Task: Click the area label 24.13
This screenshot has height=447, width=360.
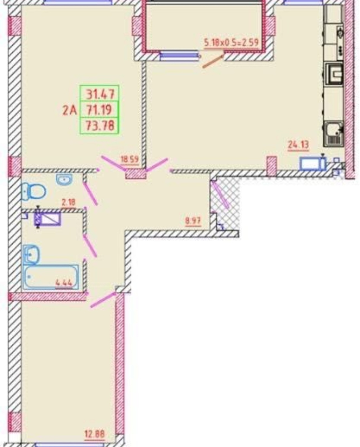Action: click(x=298, y=144)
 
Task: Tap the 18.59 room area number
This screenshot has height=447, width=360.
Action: click(x=129, y=160)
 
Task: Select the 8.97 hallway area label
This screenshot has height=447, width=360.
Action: click(x=193, y=221)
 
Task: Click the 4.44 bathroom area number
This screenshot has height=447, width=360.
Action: click(x=64, y=283)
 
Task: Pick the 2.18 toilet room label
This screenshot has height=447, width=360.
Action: click(x=69, y=203)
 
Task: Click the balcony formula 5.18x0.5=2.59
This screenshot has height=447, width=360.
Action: click(x=231, y=43)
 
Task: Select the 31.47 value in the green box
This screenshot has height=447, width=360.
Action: click(x=100, y=94)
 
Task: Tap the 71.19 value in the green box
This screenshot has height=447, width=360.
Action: click(x=99, y=110)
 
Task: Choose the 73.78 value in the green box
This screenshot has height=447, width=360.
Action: click(x=100, y=126)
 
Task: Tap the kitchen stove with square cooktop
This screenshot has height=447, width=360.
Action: click(x=334, y=74)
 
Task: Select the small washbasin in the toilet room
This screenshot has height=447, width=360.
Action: click(x=64, y=179)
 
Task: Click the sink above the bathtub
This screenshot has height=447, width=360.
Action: click(x=31, y=255)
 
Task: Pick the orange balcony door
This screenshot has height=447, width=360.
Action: click(x=213, y=61)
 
